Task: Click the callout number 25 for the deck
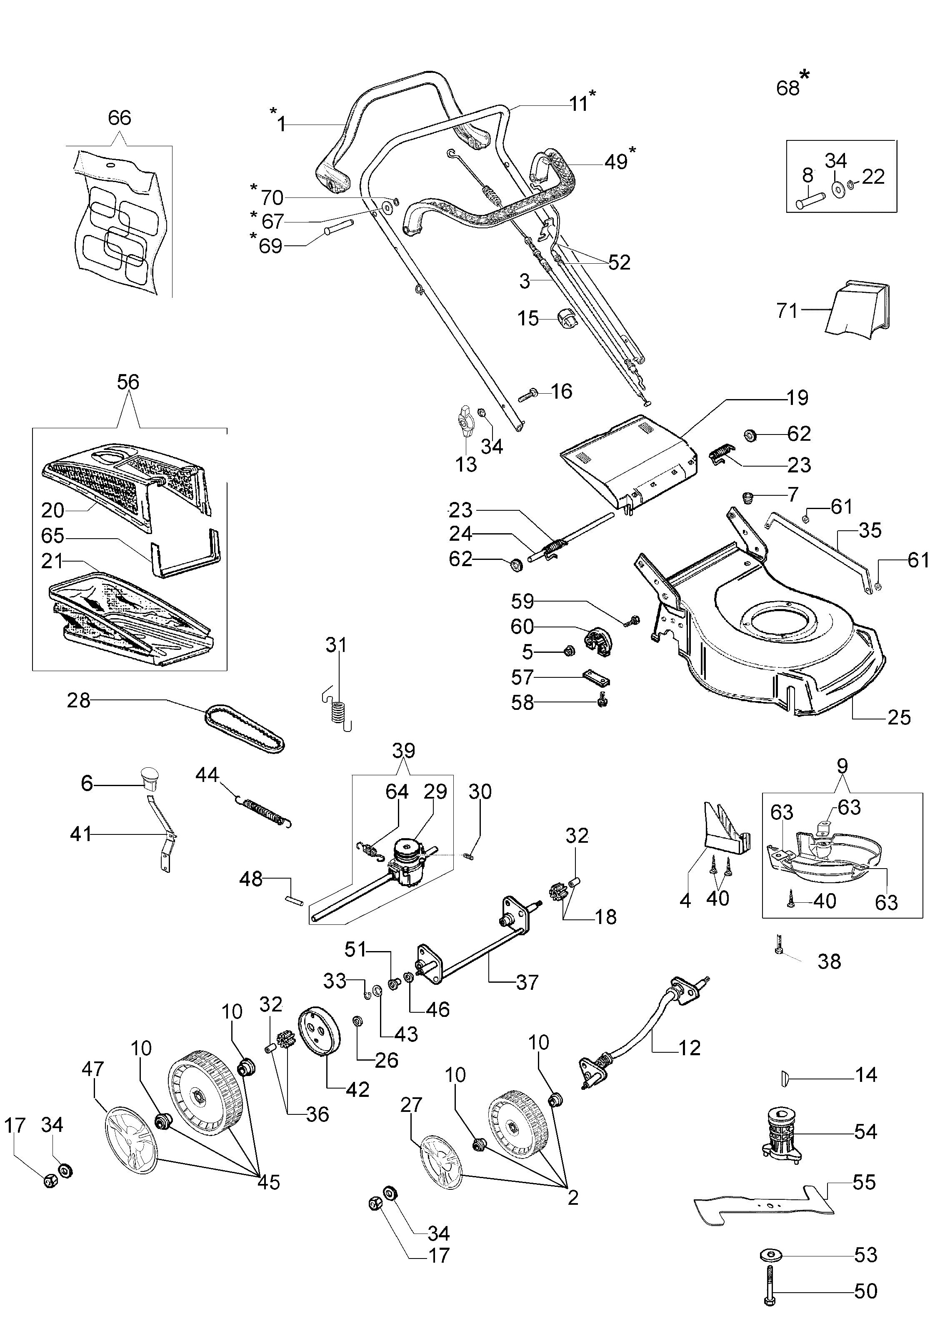[899, 717]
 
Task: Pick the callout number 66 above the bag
[120, 117]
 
